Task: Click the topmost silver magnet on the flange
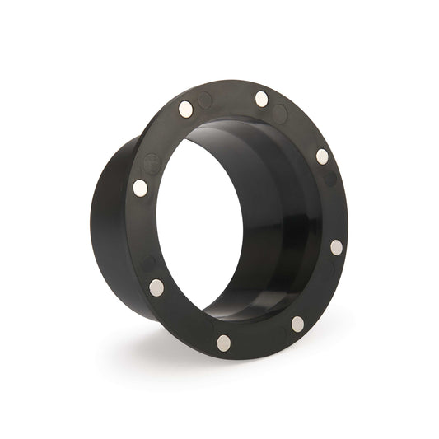262,100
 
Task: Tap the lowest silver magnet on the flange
223,341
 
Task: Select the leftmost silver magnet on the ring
140,188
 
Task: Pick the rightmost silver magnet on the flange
337,247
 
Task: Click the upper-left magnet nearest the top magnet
186,107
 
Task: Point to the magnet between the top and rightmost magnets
322,156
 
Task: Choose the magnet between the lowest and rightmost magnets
297,324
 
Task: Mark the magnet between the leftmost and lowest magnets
156,287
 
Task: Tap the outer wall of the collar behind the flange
103,222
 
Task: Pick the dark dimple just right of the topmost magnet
280,114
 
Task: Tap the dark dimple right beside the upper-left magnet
205,100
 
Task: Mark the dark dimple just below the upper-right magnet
330,178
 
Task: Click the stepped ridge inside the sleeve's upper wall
247,132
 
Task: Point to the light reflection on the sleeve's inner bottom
247,309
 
